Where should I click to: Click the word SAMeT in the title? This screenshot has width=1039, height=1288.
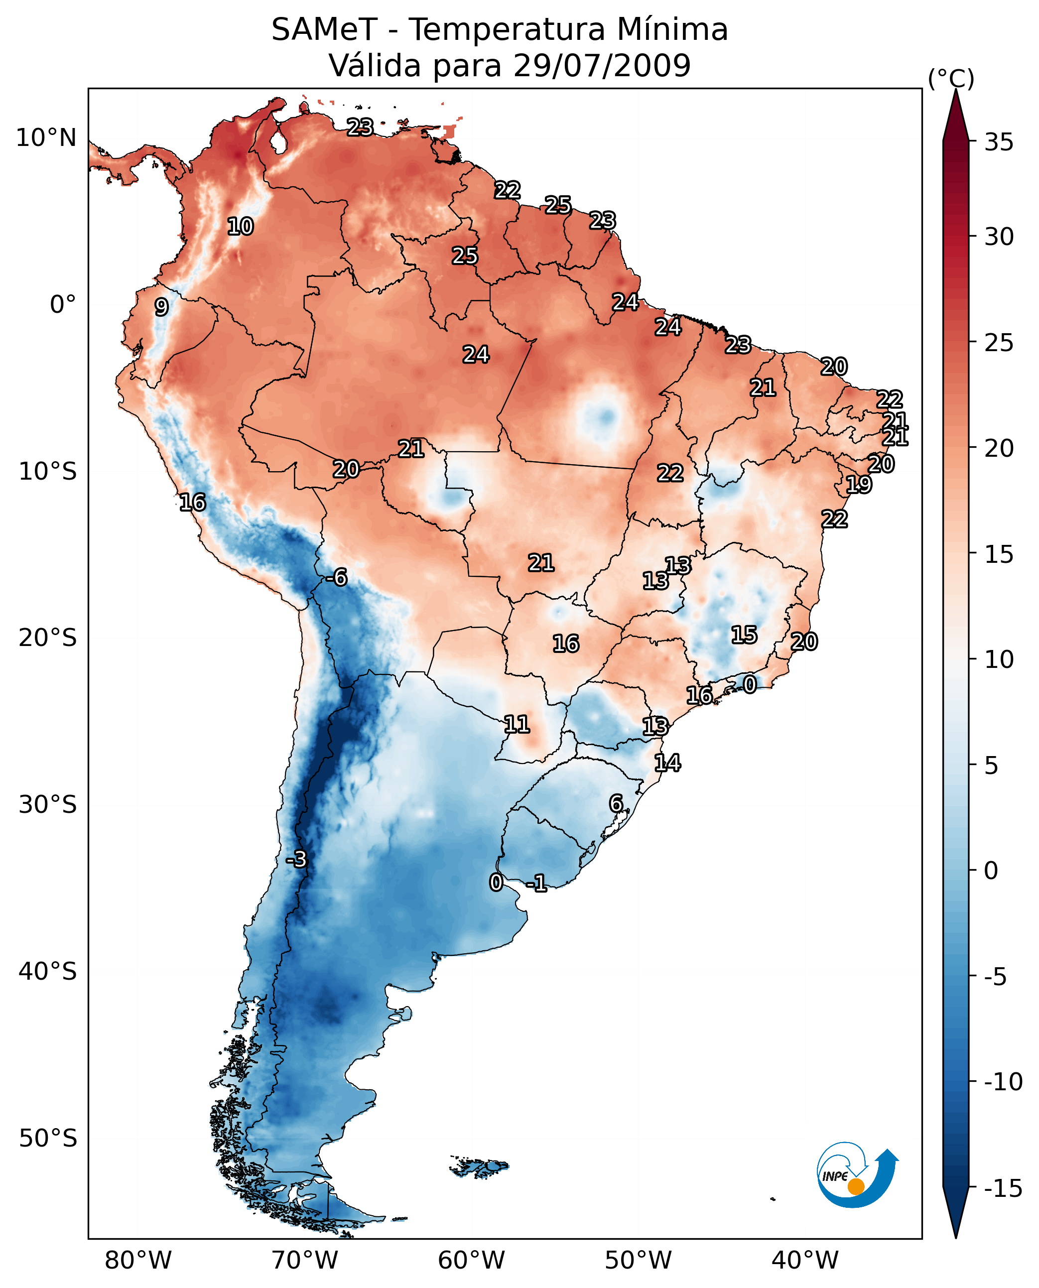tap(324, 30)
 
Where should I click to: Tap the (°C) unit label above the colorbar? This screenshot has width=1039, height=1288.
tap(951, 78)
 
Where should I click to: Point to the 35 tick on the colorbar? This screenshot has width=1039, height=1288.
tap(999, 142)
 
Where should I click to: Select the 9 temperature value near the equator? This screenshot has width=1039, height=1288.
tap(161, 307)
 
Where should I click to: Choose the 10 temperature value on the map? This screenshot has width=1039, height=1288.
tap(241, 226)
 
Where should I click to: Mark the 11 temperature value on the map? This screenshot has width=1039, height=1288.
tap(517, 724)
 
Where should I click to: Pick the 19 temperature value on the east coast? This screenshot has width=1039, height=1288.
tap(858, 484)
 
